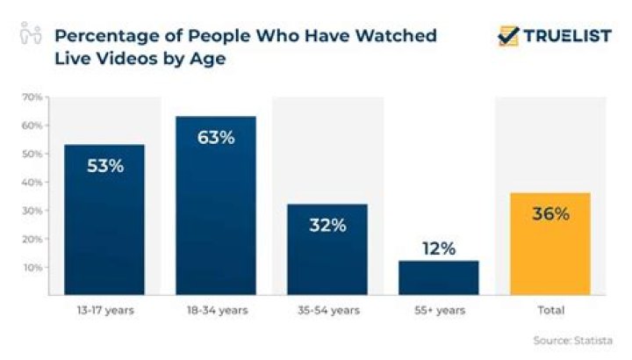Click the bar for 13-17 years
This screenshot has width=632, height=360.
click(104, 220)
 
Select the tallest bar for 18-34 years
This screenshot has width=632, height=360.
click(215, 205)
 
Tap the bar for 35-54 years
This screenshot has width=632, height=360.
click(327, 249)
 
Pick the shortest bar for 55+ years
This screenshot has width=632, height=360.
click(438, 277)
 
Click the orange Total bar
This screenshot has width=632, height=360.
click(549, 244)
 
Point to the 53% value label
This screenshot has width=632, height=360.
click(104, 165)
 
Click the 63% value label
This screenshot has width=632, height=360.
click(215, 137)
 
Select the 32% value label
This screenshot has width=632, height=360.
click(327, 225)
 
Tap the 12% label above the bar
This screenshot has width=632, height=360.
click(438, 248)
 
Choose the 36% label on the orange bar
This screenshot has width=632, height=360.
click(549, 213)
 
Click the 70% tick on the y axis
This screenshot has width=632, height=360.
click(32, 97)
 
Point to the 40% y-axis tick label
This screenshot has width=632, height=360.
click(32, 182)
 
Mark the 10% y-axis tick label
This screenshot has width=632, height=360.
click(32, 267)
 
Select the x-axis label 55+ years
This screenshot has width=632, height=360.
click(438, 310)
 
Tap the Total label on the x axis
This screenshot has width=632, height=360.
click(549, 310)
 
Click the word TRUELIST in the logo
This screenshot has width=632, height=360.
click(567, 36)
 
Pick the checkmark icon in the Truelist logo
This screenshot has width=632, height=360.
click(508, 36)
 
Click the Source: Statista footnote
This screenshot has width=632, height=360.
click(572, 340)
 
